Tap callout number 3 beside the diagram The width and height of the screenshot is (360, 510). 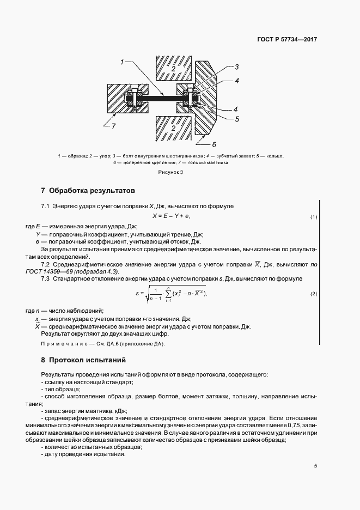(x=237, y=67)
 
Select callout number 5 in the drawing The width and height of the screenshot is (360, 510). (x=237, y=118)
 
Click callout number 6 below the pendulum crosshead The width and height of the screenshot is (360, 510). (x=214, y=144)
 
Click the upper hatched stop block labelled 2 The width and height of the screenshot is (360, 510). (x=172, y=69)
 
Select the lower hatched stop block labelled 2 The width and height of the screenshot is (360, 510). (x=172, y=128)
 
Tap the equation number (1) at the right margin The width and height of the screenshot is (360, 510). (x=314, y=217)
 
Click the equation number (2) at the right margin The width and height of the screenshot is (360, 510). (x=314, y=294)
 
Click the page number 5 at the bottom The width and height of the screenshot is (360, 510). (x=315, y=466)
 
